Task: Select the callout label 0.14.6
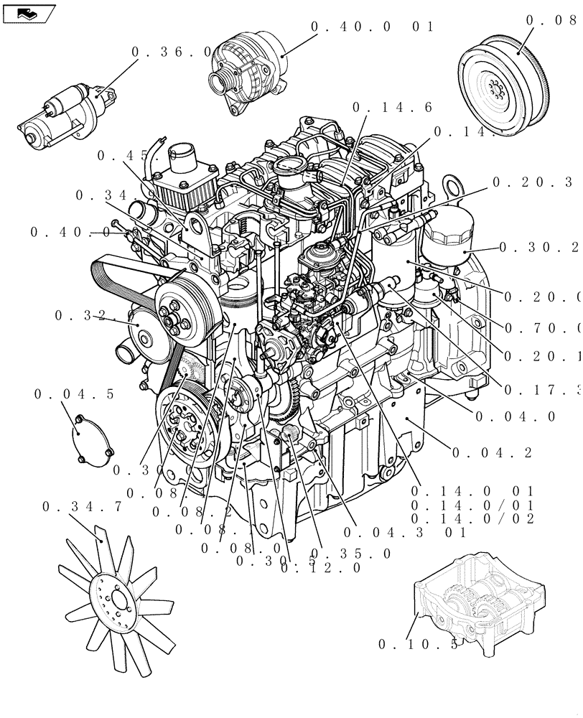392,107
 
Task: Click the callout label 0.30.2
538,247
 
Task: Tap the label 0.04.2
492,452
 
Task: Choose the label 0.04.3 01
405,532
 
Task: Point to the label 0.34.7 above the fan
82,507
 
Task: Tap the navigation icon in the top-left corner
28,12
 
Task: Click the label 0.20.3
536,182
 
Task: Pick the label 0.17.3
542,390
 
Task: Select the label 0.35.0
352,554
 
